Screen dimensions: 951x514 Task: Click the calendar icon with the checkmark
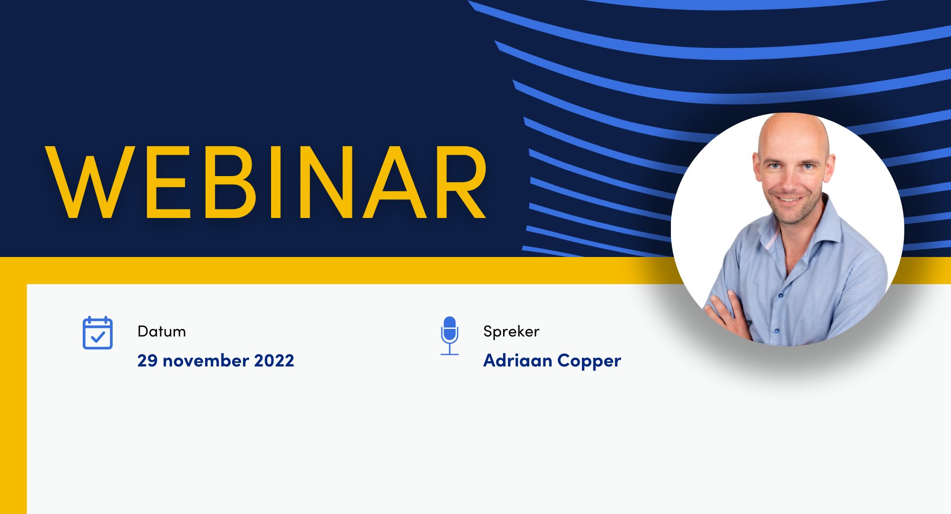tap(97, 333)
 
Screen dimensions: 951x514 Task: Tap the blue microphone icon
tap(449, 336)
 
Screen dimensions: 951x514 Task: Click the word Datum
tap(162, 331)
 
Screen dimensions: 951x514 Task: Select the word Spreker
tap(511, 332)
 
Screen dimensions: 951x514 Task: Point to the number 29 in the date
tap(147, 361)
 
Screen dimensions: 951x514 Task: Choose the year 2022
tap(274, 361)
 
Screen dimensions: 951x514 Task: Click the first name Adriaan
tap(518, 361)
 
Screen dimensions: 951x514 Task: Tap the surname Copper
tap(589, 362)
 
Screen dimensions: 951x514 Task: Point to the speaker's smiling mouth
tap(789, 199)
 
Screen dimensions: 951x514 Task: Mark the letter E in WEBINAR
tap(168, 182)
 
